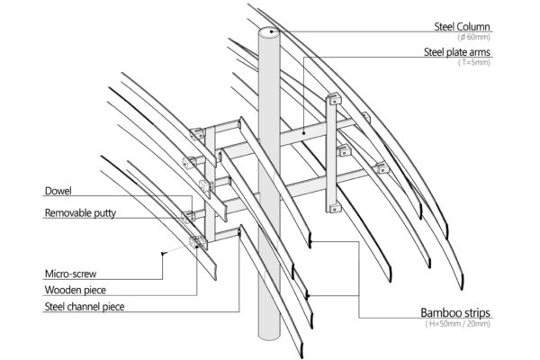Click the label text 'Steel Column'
[x=456, y=26]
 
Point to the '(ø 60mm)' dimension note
[x=476, y=38]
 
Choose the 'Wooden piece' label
[x=74, y=290]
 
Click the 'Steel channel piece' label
[x=85, y=307]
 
